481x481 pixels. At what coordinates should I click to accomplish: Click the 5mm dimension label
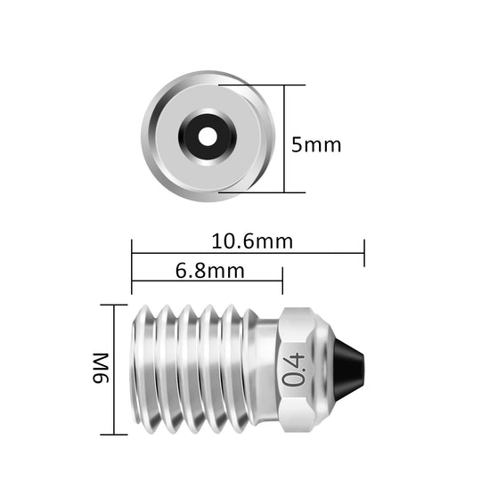point(316,144)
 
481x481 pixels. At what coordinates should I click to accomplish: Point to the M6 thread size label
point(100,370)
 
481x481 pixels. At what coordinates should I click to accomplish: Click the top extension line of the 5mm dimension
point(267,86)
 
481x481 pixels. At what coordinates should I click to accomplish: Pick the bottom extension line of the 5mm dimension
point(267,192)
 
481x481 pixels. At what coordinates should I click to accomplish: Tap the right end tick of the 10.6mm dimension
point(363,253)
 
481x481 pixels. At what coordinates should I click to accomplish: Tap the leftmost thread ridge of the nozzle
point(143,369)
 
